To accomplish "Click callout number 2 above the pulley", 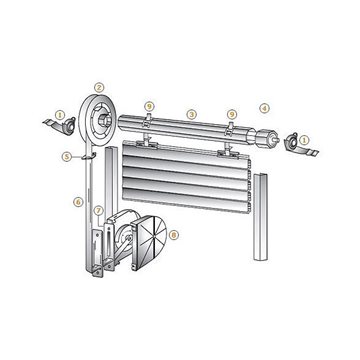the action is tap(99, 88).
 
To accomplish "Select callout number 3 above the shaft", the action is tap(191, 115).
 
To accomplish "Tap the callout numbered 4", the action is tap(264, 108).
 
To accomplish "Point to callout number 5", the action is tap(67, 156).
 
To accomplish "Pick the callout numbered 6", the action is tap(78, 202).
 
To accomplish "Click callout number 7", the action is tap(98, 210).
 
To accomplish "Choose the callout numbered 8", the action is tap(174, 235).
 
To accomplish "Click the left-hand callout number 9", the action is tap(149, 106).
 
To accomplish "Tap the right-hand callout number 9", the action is tap(232, 114).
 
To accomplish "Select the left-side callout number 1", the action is tap(60, 115).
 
